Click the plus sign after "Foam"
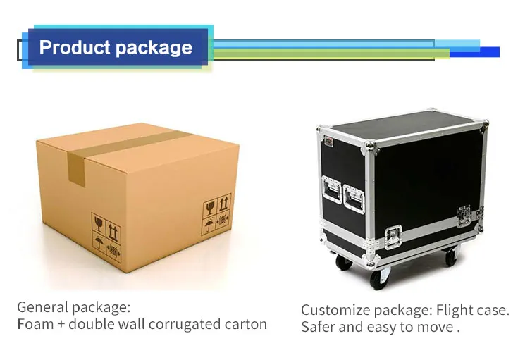pos(59,325)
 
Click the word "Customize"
pos(334,310)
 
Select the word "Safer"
pos(319,328)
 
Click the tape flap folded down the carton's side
pos(76,169)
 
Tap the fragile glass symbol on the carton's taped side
pos(98,226)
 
